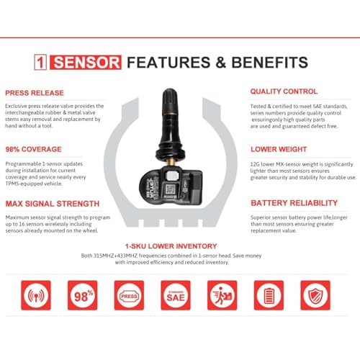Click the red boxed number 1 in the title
tap(52, 62)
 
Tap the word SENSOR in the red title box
tap(91, 62)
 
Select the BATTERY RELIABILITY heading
tap(294, 203)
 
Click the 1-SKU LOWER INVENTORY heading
tap(181, 246)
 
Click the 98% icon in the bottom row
tap(82, 295)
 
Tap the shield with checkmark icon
tap(315, 295)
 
